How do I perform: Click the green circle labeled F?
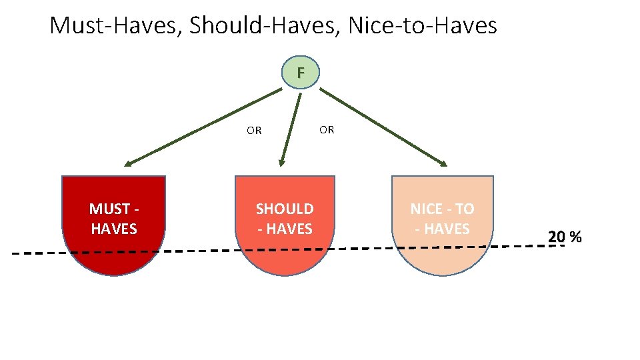tap(300, 72)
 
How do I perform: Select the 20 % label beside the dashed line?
tap(565, 237)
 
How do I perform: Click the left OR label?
tap(254, 131)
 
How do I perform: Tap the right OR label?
tap(327, 130)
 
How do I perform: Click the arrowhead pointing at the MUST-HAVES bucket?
tap(127, 163)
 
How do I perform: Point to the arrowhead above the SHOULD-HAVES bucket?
tap(282, 162)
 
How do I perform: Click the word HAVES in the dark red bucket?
tap(114, 229)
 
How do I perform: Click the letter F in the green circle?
tap(300, 72)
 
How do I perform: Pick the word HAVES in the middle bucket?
tap(289, 229)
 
